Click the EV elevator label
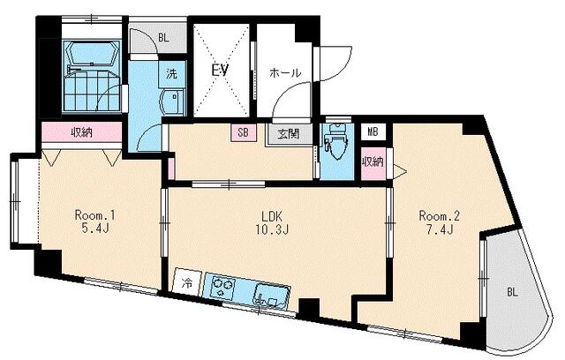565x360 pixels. click(220, 71)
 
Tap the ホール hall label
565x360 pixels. click(285, 73)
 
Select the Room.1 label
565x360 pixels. click(94, 215)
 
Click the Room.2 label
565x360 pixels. click(440, 216)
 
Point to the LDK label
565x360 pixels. click(271, 216)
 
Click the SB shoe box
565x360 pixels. click(244, 132)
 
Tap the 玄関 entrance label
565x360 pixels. click(289, 134)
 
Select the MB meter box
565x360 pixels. click(373, 131)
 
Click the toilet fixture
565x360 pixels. click(335, 142)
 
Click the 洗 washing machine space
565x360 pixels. click(171, 74)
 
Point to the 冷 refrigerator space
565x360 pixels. click(187, 282)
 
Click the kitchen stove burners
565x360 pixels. click(222, 286)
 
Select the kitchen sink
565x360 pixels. click(273, 296)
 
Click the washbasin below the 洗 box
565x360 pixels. click(171, 101)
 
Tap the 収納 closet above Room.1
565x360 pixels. click(82, 132)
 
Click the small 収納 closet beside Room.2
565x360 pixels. click(373, 162)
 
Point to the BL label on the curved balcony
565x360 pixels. click(512, 292)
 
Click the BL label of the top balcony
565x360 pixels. click(163, 38)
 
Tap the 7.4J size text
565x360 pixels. click(440, 229)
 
